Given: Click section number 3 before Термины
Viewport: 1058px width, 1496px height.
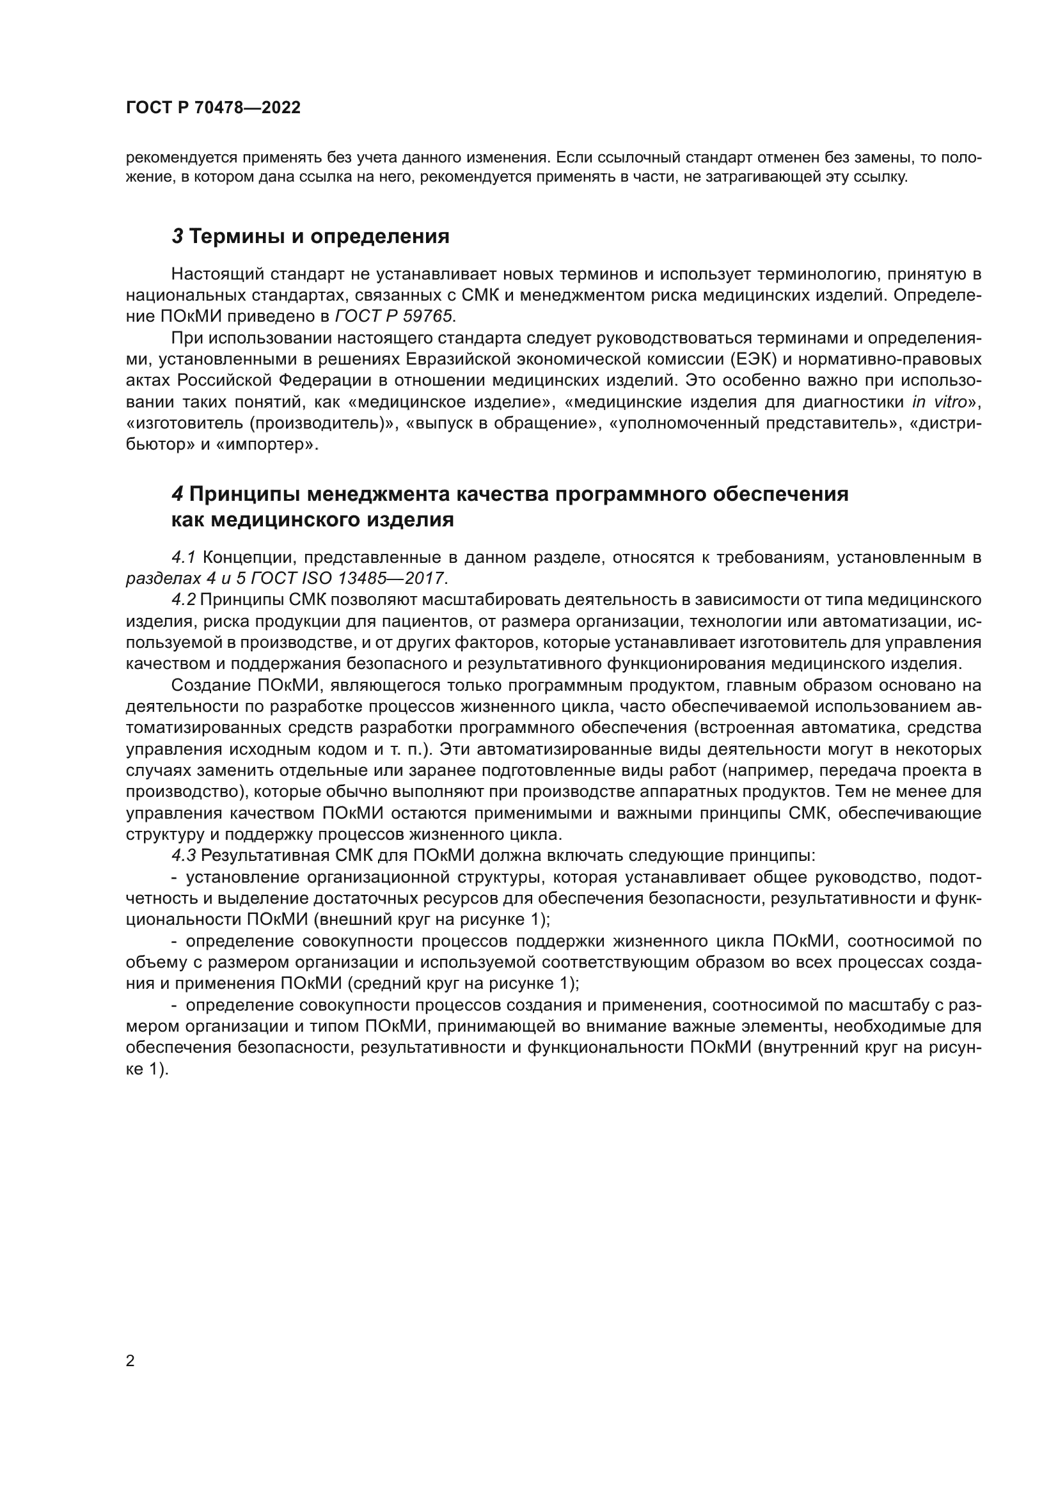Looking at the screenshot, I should click(x=177, y=237).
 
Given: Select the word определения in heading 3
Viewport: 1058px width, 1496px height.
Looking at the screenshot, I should click(x=380, y=237).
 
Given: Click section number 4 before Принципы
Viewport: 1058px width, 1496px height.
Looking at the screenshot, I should click(x=177, y=494).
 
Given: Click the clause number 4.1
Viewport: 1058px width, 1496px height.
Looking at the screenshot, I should click(x=184, y=557).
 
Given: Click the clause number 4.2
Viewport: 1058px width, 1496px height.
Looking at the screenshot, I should click(x=184, y=599).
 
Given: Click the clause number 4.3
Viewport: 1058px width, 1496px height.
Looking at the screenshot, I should click(x=184, y=856).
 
